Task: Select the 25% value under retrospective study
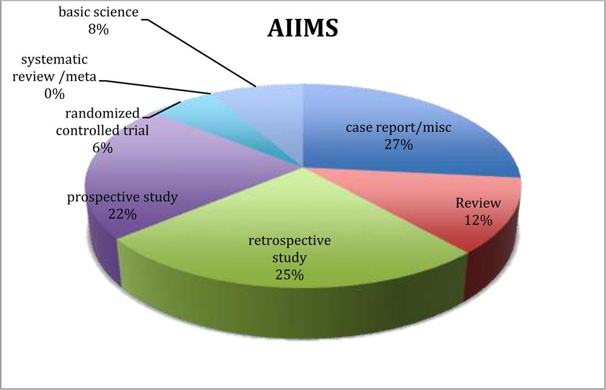point(289,274)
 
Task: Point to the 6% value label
point(103,147)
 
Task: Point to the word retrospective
point(289,241)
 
